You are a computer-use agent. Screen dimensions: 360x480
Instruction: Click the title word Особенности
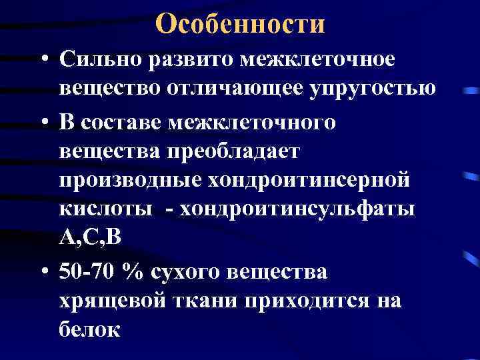pos(240,24)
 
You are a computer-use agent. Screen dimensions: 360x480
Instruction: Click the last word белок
pos(89,329)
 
